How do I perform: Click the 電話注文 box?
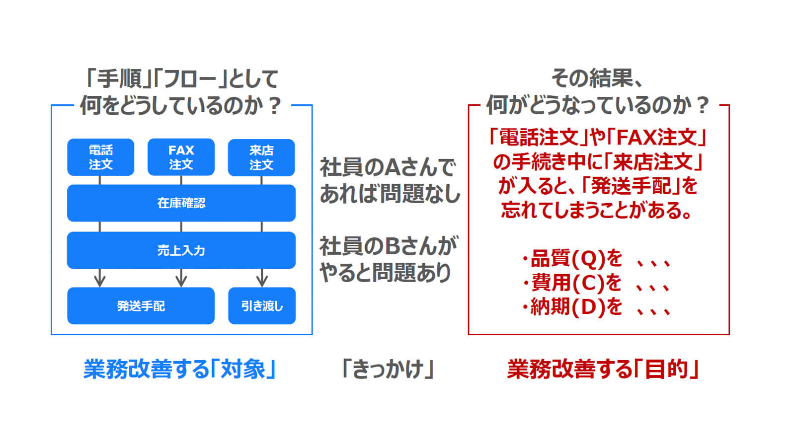100,157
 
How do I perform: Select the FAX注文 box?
181,157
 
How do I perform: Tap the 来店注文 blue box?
261,157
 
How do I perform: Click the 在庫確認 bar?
181,203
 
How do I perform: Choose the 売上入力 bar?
181,250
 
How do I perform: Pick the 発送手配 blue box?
141,306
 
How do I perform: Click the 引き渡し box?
262,306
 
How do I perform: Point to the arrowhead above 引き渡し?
262,282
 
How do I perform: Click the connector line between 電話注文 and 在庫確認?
100,180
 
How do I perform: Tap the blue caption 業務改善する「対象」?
179,369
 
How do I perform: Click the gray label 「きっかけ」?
388,369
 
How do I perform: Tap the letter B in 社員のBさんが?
393,246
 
